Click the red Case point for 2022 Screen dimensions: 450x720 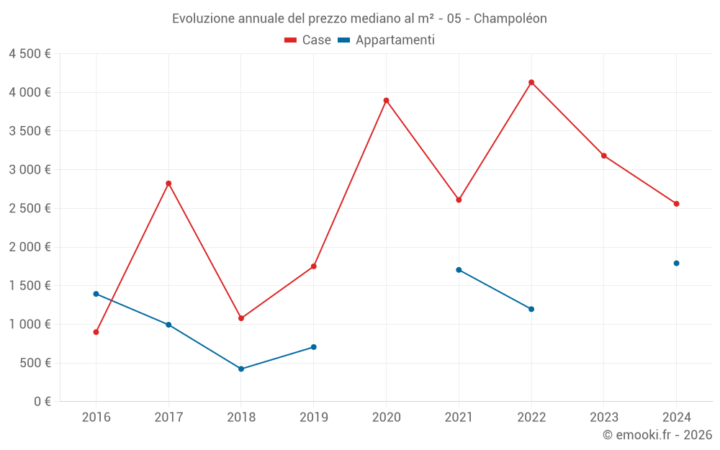click(531, 82)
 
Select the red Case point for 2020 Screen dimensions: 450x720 click(386, 100)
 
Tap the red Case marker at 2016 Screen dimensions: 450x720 click(96, 332)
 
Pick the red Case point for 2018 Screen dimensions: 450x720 click(241, 318)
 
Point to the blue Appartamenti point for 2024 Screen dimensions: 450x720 click(676, 263)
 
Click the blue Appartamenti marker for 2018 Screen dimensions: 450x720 click(241, 369)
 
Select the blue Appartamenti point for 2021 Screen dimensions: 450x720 click(459, 270)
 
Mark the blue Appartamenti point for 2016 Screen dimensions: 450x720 click(96, 294)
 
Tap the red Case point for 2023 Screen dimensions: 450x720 click(604, 156)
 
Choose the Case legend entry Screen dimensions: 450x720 click(308, 40)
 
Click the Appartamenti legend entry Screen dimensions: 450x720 click(387, 40)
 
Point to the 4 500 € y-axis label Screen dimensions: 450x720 click(30, 54)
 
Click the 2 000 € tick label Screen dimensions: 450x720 click(30, 247)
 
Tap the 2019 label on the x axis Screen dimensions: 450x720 click(313, 417)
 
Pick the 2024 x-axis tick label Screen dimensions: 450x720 click(676, 417)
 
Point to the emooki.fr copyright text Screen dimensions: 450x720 click(657, 435)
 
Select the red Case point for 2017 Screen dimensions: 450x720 click(168, 184)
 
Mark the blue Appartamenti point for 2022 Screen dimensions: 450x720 click(531, 309)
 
